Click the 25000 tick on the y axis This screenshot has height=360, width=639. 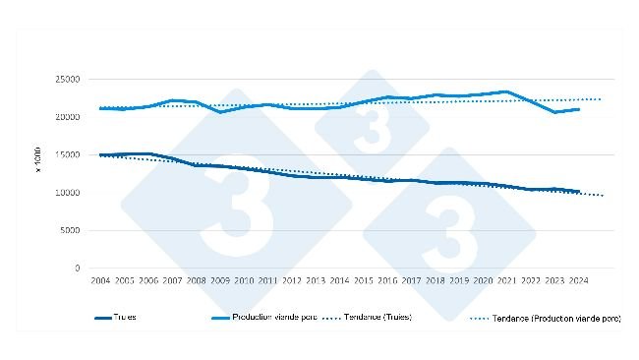[67, 79]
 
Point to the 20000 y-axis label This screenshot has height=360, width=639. [67, 117]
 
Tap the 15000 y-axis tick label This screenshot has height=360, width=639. [67, 154]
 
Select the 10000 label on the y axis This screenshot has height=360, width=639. [67, 193]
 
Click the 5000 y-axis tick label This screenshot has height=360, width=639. [70, 230]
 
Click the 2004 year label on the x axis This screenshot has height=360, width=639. [100, 281]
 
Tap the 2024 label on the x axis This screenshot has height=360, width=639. [579, 281]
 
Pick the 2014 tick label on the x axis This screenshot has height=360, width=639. [339, 281]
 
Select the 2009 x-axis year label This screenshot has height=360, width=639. [219, 281]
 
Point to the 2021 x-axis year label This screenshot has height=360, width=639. [507, 281]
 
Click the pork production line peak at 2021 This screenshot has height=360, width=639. [507, 91]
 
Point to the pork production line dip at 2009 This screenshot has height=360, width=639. [219, 112]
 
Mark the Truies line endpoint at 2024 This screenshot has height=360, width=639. [579, 191]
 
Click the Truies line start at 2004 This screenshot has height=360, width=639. [100, 154]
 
